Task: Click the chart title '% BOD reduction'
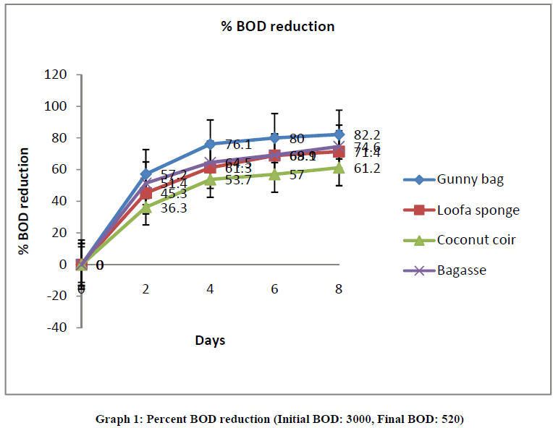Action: point(278,27)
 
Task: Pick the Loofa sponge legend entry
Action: point(478,210)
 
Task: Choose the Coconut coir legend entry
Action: point(476,240)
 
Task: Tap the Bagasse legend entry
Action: point(460,270)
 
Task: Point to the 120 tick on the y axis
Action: point(56,74)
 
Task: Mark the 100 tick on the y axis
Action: point(56,106)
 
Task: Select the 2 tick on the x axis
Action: point(146,288)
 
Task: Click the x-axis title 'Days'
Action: point(209,340)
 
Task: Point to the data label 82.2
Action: point(367,134)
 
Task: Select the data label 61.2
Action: point(367,168)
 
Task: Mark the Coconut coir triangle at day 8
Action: point(339,167)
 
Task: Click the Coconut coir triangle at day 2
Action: point(146,207)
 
